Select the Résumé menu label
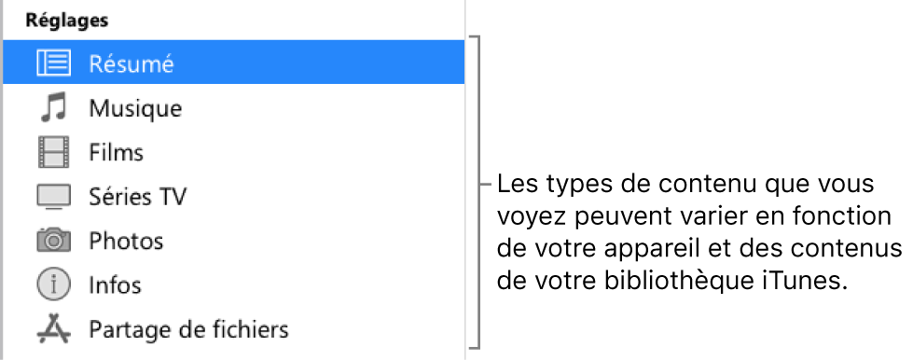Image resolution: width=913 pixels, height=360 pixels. pyautogui.click(x=132, y=63)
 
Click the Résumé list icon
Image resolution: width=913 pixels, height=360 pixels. pyautogui.click(x=53, y=63)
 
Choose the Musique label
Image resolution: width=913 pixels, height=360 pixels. pyautogui.click(x=135, y=108)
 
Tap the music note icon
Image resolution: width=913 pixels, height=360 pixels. pyautogui.click(x=53, y=107)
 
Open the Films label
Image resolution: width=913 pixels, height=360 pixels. pyautogui.click(x=116, y=152)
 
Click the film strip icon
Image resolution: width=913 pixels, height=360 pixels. pyautogui.click(x=53, y=151)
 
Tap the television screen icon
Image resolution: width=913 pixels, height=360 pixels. pyautogui.click(x=53, y=197)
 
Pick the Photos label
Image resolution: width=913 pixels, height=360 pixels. pyautogui.click(x=126, y=241)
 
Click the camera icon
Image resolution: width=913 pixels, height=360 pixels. pyautogui.click(x=53, y=240)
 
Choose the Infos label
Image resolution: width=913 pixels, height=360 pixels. pyautogui.click(x=116, y=284)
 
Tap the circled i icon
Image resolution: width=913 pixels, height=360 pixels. pyautogui.click(x=53, y=284)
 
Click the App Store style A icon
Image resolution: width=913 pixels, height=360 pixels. pyautogui.click(x=53, y=328)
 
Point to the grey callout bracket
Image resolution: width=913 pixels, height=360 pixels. pyautogui.click(x=481, y=184)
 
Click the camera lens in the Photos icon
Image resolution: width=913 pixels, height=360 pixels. pyautogui.click(x=54, y=242)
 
